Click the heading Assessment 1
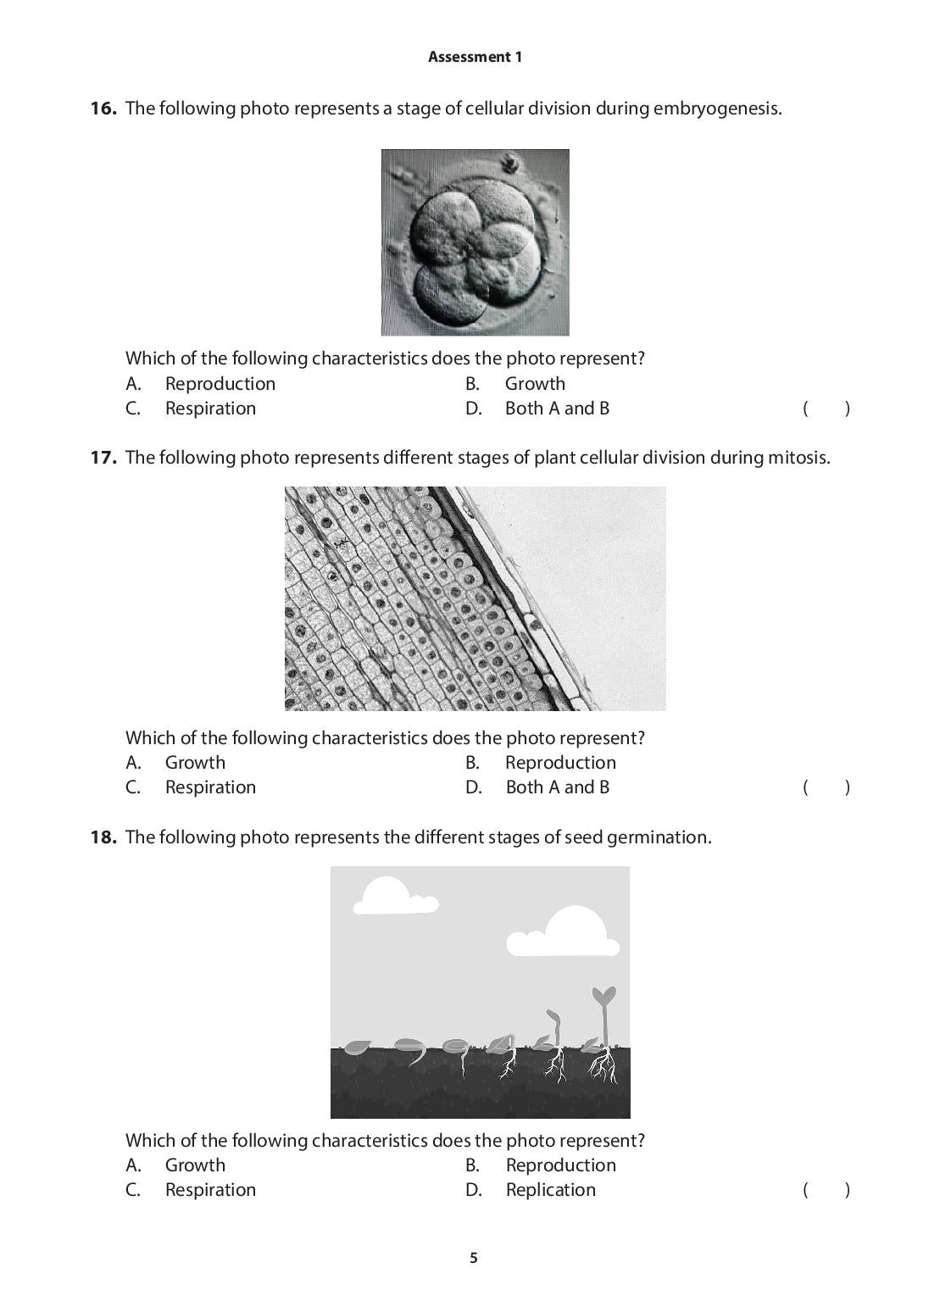coord(475,57)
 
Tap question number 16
coord(103,108)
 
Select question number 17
coord(103,458)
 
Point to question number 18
coord(103,837)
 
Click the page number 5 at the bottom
coord(474,1258)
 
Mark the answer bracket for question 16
coord(826,409)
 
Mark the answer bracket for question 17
coord(826,787)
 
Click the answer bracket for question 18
coord(826,1190)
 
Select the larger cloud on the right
coord(564,932)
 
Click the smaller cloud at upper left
coord(393,896)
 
